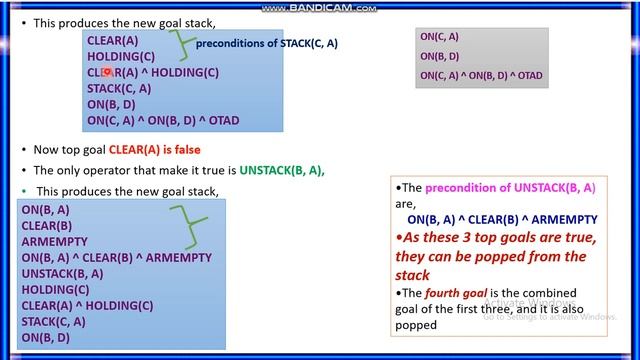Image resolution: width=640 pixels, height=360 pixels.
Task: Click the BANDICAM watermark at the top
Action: click(x=319, y=7)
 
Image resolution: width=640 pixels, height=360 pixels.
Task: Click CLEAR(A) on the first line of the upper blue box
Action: click(x=112, y=40)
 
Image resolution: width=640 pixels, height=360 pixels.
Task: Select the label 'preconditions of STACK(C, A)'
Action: click(x=267, y=44)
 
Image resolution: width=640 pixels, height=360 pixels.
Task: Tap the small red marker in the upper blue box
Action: click(x=106, y=72)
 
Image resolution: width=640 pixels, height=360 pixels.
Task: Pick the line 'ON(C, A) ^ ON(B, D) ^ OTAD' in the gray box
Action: click(x=481, y=75)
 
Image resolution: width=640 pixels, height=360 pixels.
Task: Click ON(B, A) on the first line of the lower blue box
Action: click(x=45, y=210)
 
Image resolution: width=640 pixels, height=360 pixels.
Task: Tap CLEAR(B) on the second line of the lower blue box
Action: click(x=46, y=226)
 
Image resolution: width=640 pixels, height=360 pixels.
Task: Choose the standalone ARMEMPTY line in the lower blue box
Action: click(x=54, y=242)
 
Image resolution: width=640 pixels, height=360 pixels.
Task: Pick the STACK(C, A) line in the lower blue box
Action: click(x=53, y=321)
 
